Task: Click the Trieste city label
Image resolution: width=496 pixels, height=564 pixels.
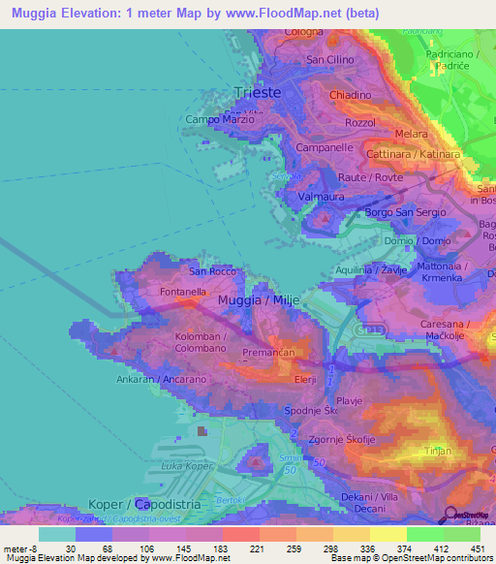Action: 258,93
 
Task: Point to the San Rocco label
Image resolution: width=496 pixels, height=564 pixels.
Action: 212,271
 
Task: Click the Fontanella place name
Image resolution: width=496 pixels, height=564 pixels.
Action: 183,291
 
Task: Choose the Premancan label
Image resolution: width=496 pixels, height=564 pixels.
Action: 268,354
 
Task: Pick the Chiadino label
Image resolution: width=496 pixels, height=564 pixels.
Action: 350,95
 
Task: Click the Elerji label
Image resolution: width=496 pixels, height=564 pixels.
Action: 304,379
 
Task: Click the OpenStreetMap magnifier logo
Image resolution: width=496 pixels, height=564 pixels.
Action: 451,515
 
